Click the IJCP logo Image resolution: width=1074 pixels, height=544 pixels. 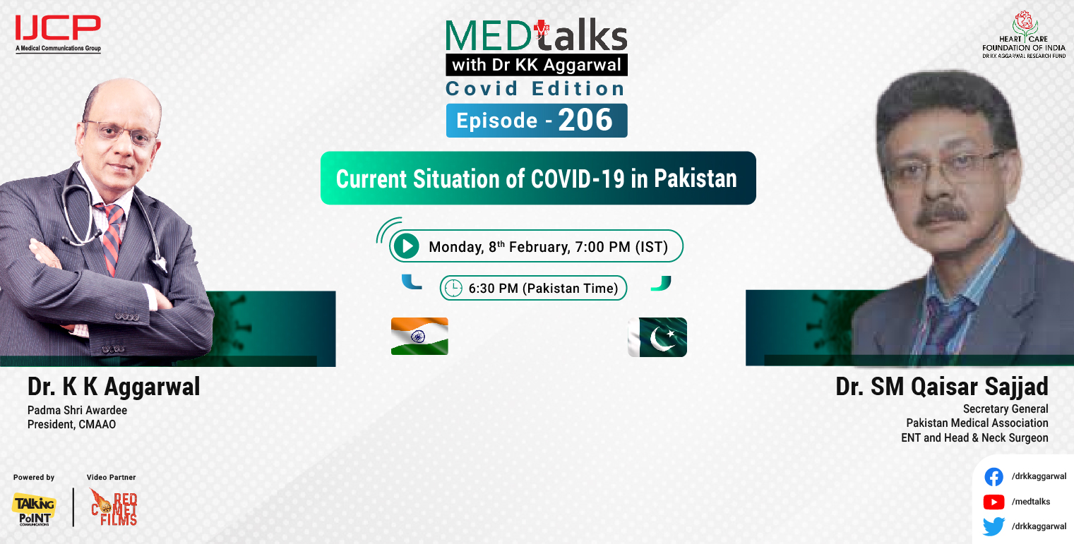(x=58, y=32)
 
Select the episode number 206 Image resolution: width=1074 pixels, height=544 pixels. (x=585, y=121)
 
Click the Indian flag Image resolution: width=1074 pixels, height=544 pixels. (x=419, y=336)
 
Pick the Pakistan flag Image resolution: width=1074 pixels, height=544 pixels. (x=657, y=337)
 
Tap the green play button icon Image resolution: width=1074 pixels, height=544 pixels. (x=406, y=246)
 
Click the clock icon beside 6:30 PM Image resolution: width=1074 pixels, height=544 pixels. (x=453, y=288)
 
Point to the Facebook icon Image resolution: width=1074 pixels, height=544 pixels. (x=994, y=477)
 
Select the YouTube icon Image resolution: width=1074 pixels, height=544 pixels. (x=994, y=502)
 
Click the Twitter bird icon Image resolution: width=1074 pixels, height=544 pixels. (x=994, y=526)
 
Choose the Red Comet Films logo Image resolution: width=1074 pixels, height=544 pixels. (x=114, y=507)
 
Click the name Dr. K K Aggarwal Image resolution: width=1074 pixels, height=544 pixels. (x=114, y=387)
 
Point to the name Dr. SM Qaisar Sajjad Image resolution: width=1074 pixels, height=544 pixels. (x=942, y=387)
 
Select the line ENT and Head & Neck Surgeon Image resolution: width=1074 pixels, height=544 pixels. (x=974, y=437)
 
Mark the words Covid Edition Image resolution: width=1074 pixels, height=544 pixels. (x=535, y=89)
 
